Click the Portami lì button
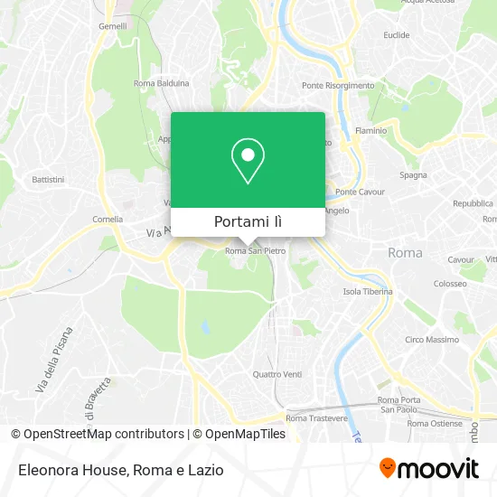248,221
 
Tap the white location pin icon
248,161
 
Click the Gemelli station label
113,27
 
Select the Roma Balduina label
161,83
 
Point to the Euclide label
396,35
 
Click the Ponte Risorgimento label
338,86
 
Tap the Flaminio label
371,130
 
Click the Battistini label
48,180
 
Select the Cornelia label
108,220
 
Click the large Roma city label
405,253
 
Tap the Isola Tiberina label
368,292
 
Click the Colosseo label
448,283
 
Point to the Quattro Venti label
277,374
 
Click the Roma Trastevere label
316,418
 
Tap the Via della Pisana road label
54,359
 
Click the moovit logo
428,468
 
